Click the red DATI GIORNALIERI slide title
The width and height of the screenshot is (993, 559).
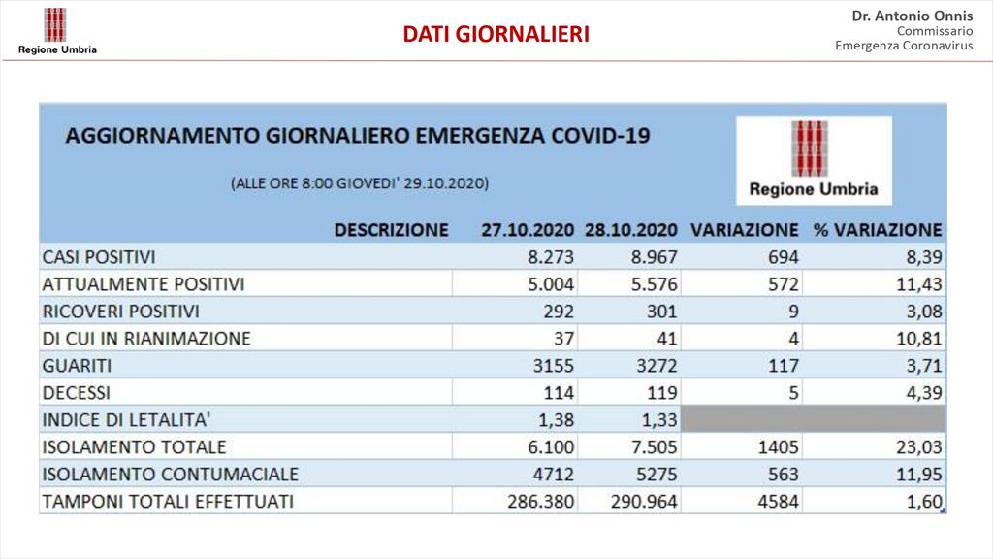[496, 34]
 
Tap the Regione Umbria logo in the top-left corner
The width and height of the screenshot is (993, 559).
[57, 31]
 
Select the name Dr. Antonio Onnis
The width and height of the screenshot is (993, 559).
[912, 16]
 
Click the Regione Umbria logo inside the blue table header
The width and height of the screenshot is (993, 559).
[814, 160]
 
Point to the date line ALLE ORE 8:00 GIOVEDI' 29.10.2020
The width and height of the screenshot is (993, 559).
[360, 183]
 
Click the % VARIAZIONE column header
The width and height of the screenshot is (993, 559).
[878, 229]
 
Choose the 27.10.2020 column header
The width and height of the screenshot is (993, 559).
[528, 229]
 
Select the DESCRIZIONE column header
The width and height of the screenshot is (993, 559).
[392, 229]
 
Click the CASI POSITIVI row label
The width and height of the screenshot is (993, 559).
[99, 256]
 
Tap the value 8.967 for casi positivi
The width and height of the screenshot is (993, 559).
[655, 256]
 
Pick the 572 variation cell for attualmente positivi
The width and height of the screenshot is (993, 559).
[784, 284]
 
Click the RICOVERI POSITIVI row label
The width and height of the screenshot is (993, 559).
[120, 312]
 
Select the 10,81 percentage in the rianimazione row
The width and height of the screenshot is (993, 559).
[919, 339]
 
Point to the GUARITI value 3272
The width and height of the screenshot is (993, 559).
[654, 366]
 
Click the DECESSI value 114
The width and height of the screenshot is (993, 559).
[559, 393]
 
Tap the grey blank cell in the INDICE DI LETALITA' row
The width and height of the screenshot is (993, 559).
[814, 419]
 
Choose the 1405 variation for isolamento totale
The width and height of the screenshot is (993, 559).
[779, 446]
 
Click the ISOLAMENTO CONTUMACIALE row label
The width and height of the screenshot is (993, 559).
[171, 474]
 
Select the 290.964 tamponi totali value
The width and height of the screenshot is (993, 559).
[644, 502]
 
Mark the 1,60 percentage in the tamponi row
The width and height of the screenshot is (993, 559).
[924, 502]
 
